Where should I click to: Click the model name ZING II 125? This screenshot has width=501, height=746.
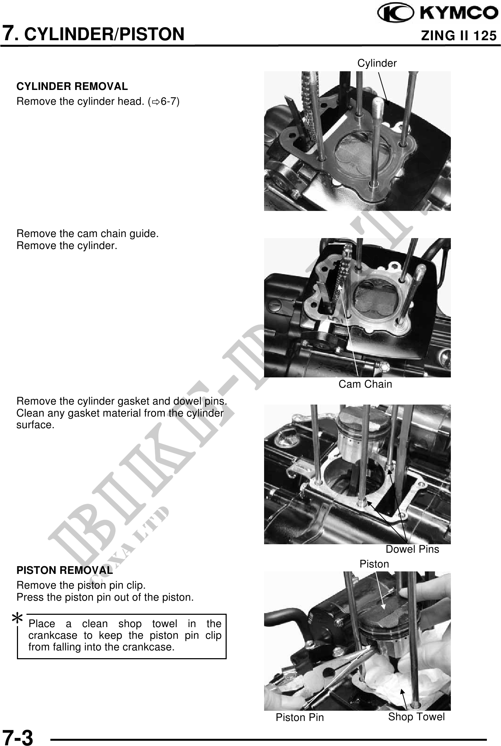[459, 36]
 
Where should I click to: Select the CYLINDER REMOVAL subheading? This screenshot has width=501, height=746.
[72, 86]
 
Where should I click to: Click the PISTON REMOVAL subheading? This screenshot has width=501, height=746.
[65, 570]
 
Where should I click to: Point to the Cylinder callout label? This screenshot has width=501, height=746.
[377, 63]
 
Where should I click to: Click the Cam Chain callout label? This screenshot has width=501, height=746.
[365, 384]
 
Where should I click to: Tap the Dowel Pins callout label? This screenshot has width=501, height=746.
[412, 549]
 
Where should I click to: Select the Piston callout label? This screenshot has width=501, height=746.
[374, 564]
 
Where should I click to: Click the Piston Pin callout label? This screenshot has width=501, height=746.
[300, 717]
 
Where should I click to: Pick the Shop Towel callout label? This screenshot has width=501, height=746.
[417, 717]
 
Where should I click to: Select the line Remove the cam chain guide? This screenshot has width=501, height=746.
[88, 233]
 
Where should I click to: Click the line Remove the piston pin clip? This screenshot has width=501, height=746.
[81, 586]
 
